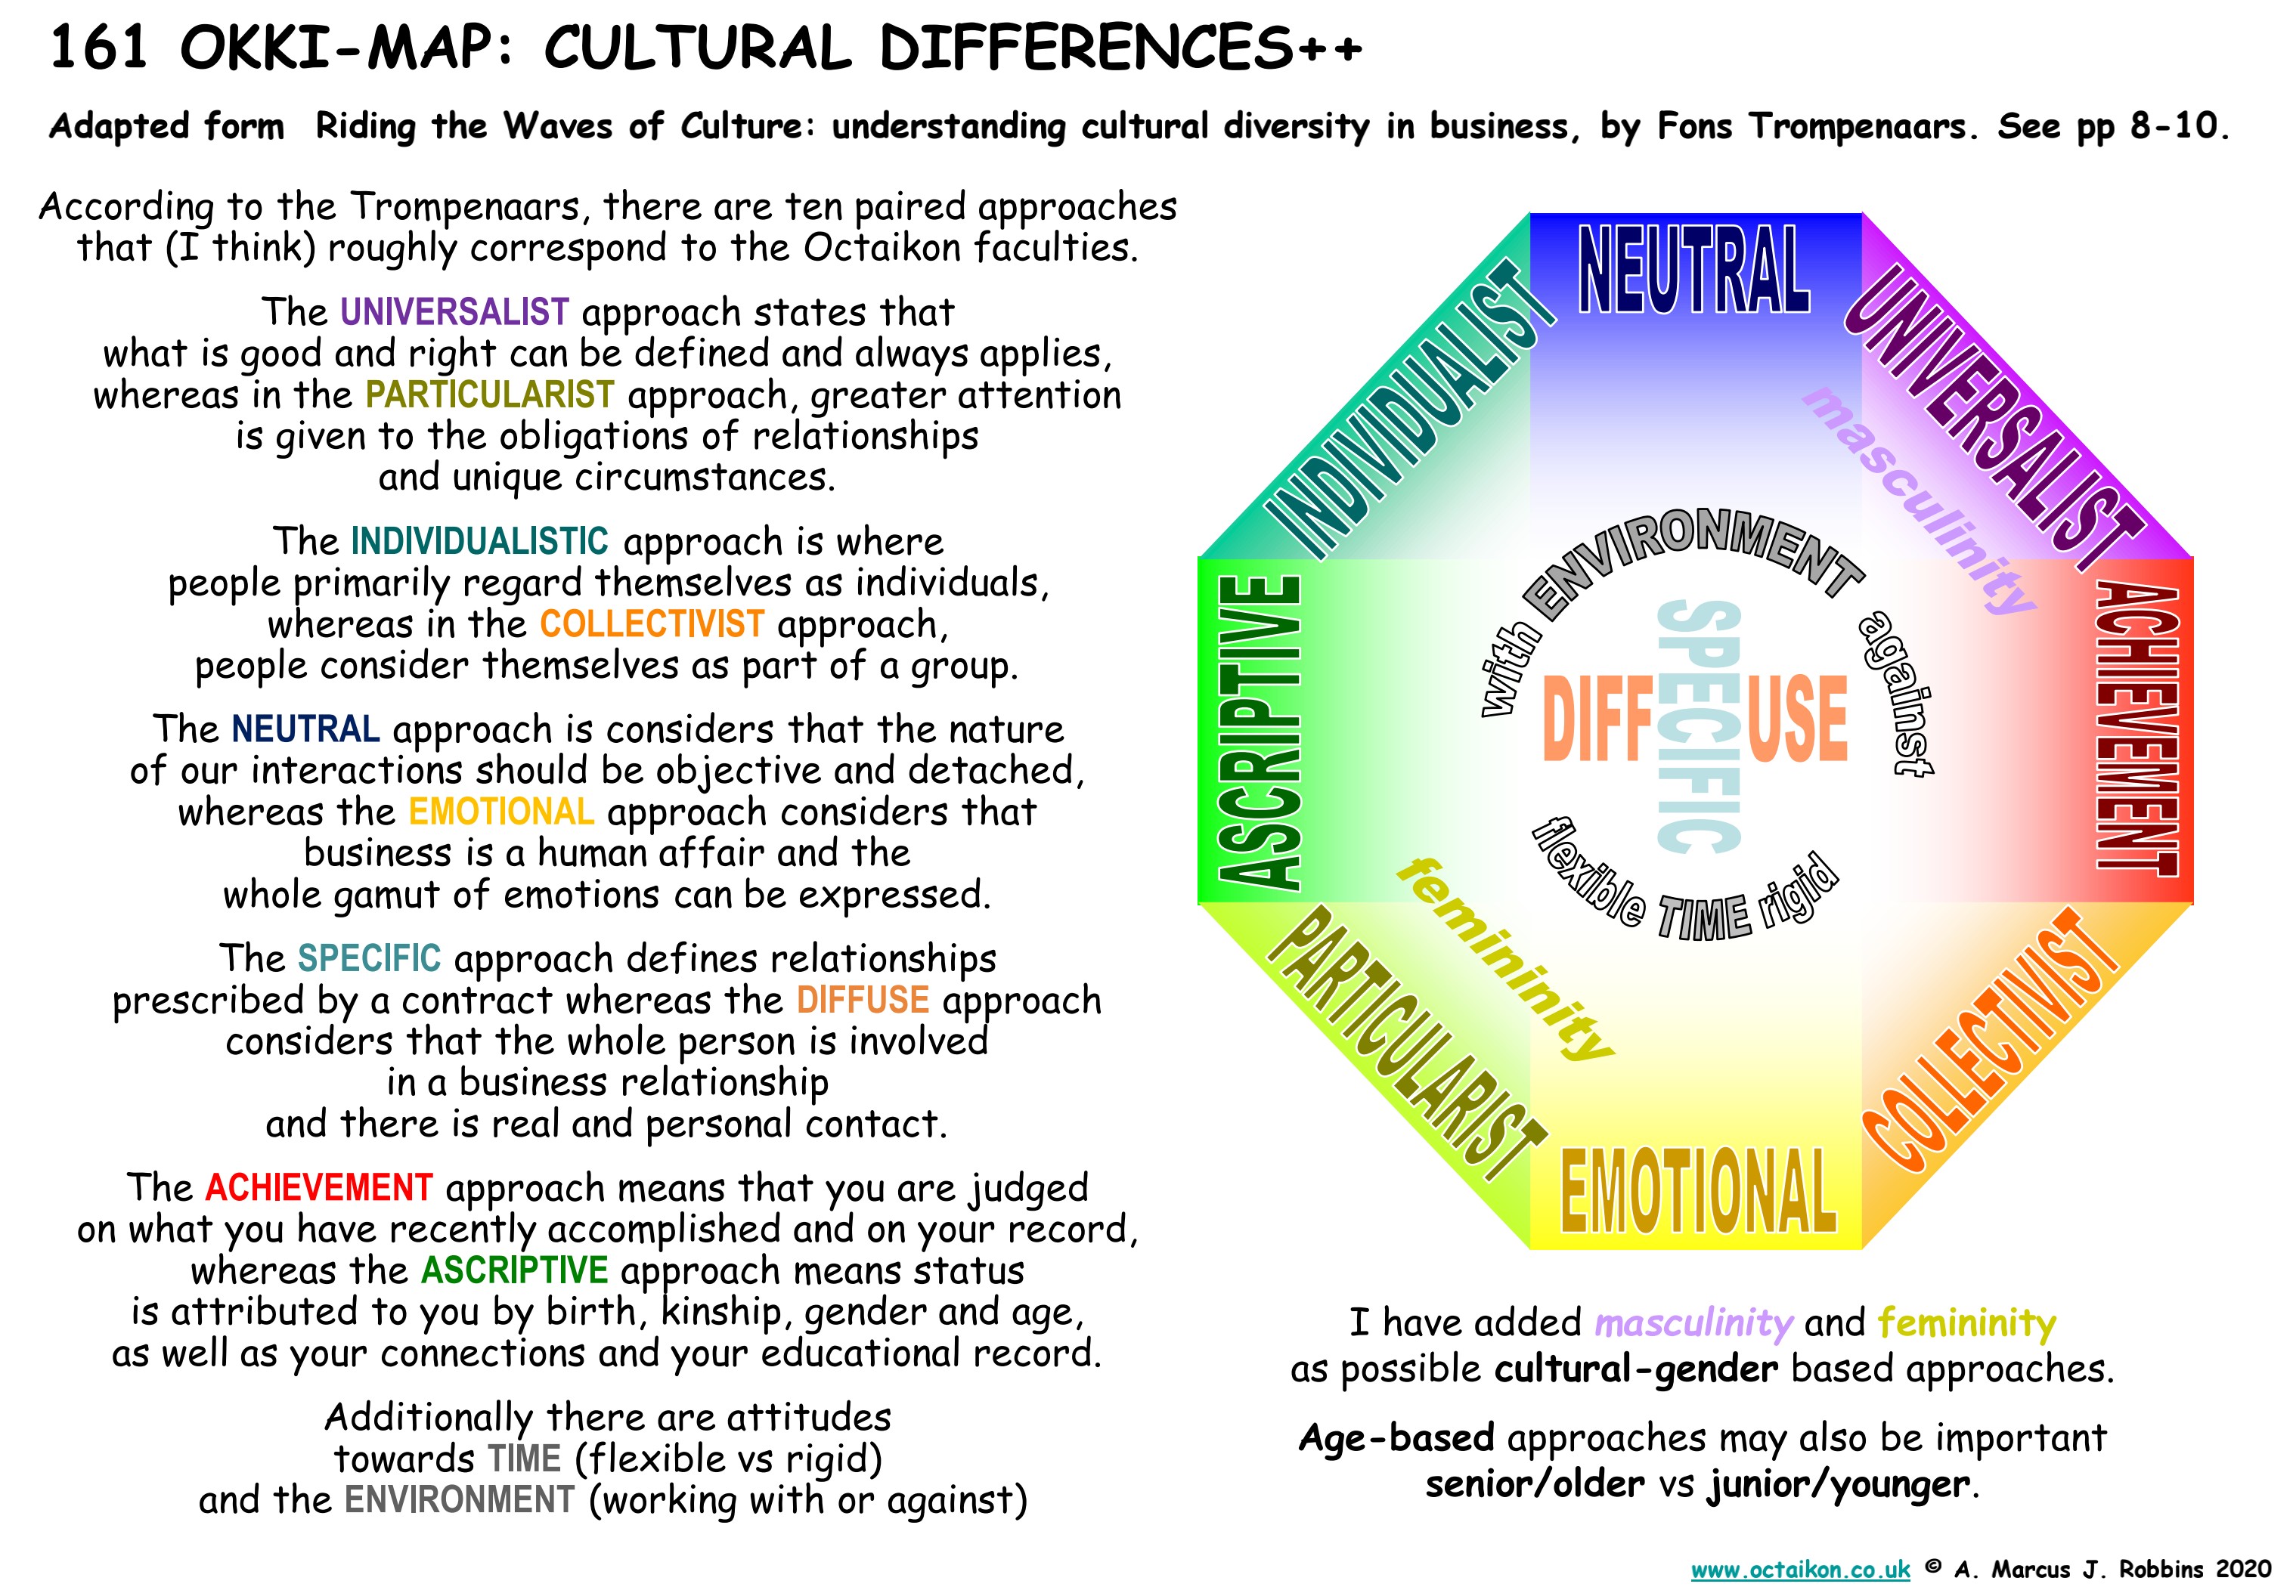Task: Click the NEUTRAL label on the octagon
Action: [x=1694, y=268]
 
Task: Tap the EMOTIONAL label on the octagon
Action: [x=1698, y=1190]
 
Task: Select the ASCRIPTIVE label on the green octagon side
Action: [x=1260, y=731]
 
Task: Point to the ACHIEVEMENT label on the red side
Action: [x=2137, y=728]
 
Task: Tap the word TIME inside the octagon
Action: [x=1704, y=917]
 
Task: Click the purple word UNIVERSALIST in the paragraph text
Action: [x=454, y=311]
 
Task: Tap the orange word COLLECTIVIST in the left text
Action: [x=652, y=623]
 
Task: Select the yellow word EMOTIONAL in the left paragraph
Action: [x=501, y=812]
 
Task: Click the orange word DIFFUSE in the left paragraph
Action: [x=863, y=999]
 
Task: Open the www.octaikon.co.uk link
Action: [x=1801, y=1568]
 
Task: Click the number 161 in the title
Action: [x=98, y=48]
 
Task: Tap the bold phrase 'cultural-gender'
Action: [x=1635, y=1369]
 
